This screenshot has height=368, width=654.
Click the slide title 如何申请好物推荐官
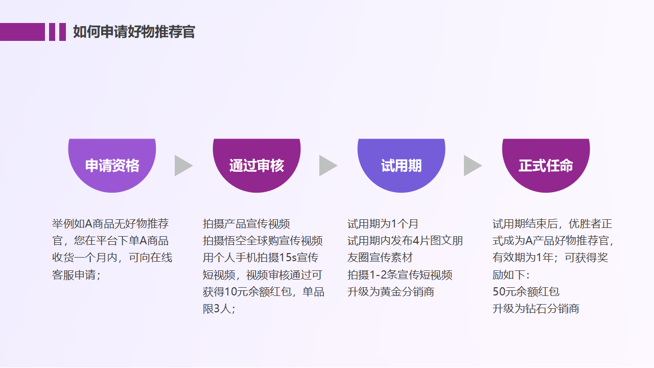134,32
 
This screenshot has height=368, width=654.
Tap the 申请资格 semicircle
112,165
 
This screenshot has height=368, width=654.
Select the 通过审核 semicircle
256,165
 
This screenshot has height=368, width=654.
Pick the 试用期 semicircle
401,165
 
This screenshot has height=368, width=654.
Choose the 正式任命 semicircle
546,165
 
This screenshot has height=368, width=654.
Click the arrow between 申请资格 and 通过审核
182,166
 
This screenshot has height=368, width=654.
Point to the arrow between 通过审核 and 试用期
327,166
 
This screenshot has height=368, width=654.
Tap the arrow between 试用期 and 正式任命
472,166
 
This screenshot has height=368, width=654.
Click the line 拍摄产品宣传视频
246,224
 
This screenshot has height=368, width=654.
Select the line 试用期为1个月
383,224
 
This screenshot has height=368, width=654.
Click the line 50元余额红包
526,292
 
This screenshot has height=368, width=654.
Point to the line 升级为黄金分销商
391,292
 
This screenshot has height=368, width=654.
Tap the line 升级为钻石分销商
535,309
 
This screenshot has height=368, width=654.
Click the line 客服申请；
77,275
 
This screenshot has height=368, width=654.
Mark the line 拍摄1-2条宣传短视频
400,275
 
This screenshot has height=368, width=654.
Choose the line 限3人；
219,309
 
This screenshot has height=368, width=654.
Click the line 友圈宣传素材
380,258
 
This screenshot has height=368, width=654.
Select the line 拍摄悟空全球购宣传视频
263,241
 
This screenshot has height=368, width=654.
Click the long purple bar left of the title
22,32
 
